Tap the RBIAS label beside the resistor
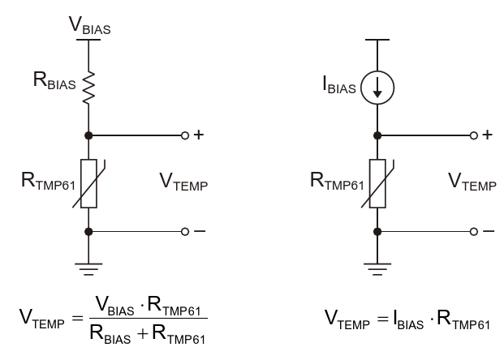55,81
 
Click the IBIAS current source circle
377,88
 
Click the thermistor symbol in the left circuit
88,182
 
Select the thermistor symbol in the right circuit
377,182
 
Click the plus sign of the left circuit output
198,135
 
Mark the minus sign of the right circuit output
487,231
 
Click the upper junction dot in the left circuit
88,135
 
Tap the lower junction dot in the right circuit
377,231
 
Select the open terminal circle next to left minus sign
185,231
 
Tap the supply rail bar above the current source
377,40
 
